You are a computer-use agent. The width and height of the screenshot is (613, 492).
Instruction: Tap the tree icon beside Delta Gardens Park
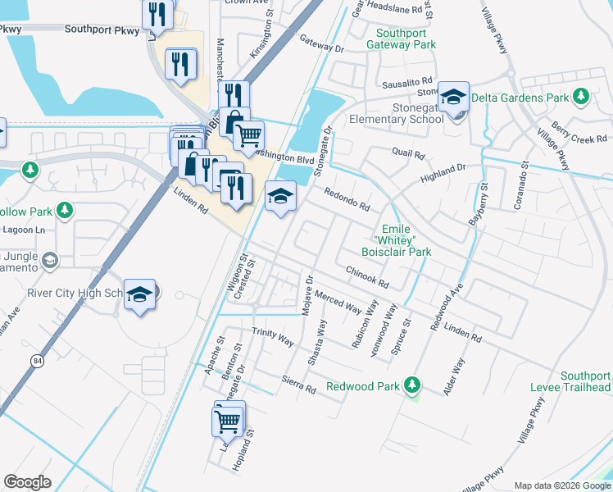pos(582,98)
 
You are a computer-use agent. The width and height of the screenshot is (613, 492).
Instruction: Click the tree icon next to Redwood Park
pos(414,385)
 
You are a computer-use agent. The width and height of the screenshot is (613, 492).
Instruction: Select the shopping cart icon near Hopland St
pos(228,421)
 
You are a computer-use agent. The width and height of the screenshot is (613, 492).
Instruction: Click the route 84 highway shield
pos(38,360)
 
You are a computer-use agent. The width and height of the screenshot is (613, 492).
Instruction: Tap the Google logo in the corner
pos(28,482)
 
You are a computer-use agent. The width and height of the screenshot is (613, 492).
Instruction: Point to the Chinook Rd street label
pos(366,276)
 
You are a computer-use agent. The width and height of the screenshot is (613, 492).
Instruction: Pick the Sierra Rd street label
pos(298,383)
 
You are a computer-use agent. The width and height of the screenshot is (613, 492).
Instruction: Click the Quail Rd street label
pos(408,153)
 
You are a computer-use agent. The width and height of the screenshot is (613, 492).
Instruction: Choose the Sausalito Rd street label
pos(406,84)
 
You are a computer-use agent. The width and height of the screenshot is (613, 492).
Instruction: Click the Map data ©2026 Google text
pos(563,485)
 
